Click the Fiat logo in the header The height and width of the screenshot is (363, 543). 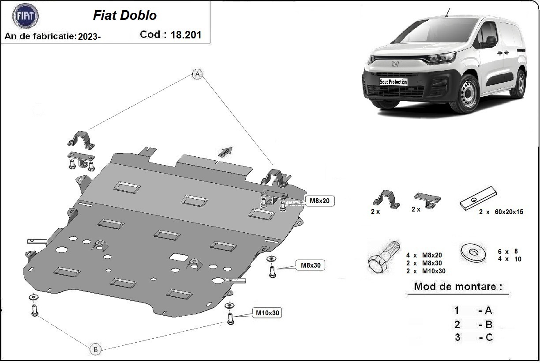pos(26,16)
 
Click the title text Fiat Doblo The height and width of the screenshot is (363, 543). pos(124,15)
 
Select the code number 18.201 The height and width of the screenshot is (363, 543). pos(186,35)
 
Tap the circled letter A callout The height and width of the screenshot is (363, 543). pos(197,74)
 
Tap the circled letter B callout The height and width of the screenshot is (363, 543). pos(95,349)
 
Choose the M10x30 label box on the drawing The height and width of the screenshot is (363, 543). pos(267,313)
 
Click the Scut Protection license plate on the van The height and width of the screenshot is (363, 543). pos(393,82)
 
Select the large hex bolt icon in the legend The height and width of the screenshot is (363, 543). pos(383,258)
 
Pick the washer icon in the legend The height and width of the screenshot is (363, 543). pos(473,252)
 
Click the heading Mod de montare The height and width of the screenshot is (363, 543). pos(457,287)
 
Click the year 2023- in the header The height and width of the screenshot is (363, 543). pos(90,37)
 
